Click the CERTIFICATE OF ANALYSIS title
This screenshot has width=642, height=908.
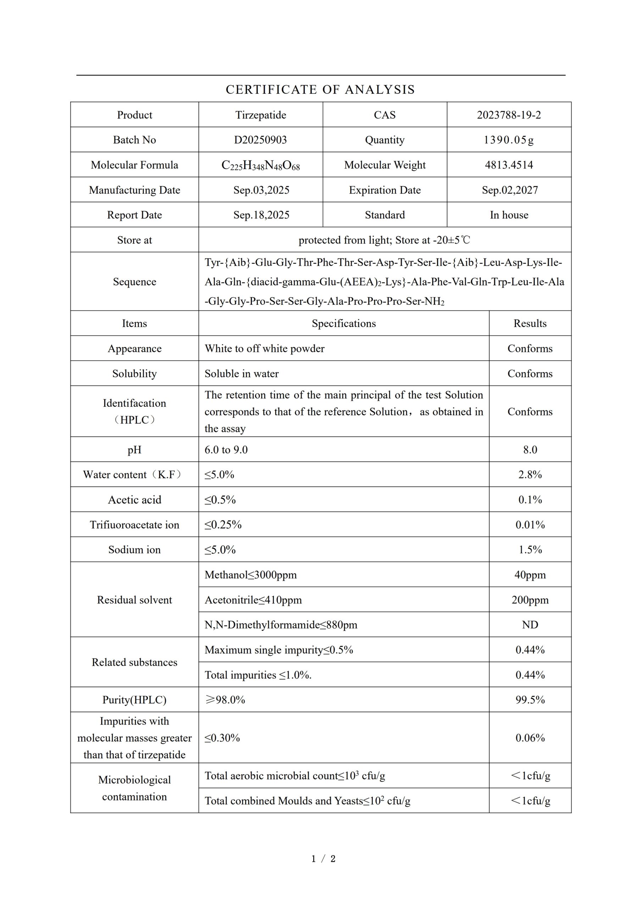[320, 90]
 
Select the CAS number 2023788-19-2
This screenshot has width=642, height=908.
[509, 115]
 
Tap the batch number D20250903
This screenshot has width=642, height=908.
[260, 140]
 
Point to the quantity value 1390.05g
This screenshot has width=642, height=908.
[509, 140]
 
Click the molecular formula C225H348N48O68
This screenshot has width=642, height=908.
[260, 165]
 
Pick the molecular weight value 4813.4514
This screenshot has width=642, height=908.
[509, 165]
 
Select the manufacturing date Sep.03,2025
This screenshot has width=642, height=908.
[261, 190]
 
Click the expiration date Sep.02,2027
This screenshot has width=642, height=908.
[509, 190]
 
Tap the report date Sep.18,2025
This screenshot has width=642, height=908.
[261, 215]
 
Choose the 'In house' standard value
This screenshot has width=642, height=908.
[509, 215]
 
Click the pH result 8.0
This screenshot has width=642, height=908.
[530, 450]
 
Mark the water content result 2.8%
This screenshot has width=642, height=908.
[530, 475]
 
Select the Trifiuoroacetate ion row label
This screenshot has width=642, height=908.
[134, 525]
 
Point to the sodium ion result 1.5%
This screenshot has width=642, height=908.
[530, 550]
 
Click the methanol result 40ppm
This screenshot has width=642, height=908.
[530, 575]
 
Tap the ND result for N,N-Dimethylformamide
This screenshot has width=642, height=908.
[530, 625]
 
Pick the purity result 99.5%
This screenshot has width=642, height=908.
[530, 700]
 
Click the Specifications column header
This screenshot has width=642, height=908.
[344, 323]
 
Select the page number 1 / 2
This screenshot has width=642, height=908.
[323, 859]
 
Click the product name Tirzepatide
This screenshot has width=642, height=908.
[261, 115]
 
